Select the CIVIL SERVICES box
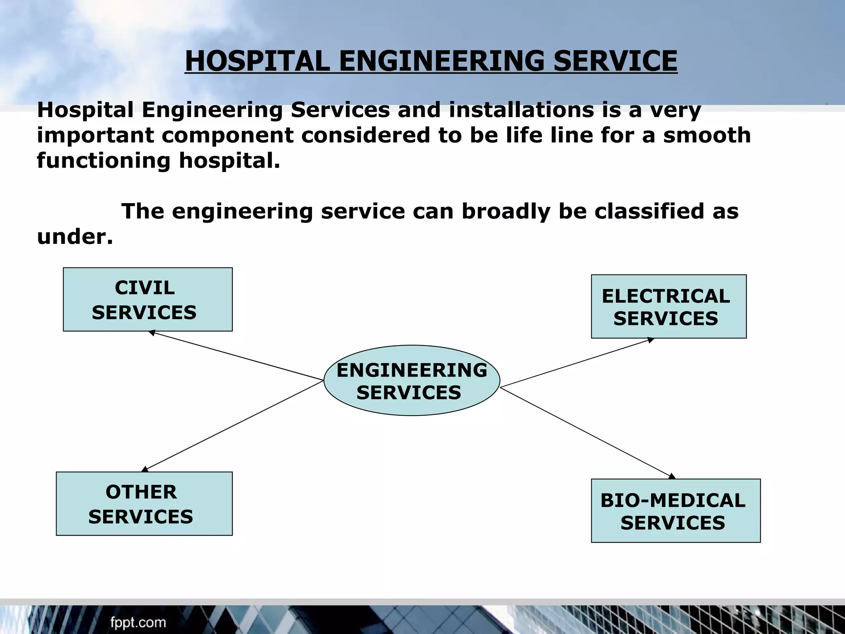point(147,299)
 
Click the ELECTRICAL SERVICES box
point(668,306)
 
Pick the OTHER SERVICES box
point(144,504)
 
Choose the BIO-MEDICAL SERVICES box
point(675,511)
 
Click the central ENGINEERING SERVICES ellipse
point(411,380)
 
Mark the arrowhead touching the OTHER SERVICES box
point(145,469)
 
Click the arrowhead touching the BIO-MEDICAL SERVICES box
point(672,476)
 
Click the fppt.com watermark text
point(138,622)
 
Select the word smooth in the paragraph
point(707,135)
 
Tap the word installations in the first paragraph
point(522,110)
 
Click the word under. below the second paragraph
point(75,237)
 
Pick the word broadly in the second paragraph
point(506,211)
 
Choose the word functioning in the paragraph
point(104,161)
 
